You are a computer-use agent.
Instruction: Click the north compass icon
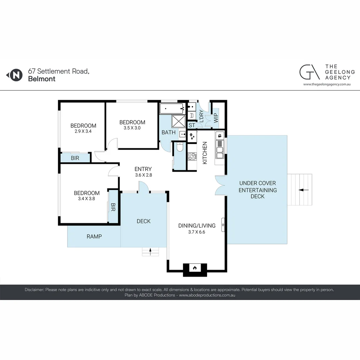point(14,75)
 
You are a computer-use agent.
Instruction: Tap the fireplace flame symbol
point(195,268)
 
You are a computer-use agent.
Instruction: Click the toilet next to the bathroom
point(180,147)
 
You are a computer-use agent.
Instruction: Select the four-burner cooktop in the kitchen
point(192,156)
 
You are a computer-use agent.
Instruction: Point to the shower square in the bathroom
point(179,121)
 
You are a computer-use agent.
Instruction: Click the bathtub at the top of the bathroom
point(172,108)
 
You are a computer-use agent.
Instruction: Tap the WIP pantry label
point(216,118)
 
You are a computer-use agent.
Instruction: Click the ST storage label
point(192,125)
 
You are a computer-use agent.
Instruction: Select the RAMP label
point(94,236)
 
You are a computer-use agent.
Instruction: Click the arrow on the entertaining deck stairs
point(304,190)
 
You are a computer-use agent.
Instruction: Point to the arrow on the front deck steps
point(150,252)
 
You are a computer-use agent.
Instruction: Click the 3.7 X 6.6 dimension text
point(197,232)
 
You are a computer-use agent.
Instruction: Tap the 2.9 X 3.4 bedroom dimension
point(83,131)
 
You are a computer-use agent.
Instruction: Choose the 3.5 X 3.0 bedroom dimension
point(132,128)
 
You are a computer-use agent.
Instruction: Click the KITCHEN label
point(205,153)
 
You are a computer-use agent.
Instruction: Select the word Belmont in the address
point(42,79)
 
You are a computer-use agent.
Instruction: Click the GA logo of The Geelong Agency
point(309,72)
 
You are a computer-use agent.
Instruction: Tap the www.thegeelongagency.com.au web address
point(327,84)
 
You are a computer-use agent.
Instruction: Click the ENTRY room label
point(143,169)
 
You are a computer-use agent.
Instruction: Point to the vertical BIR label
point(113,207)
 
